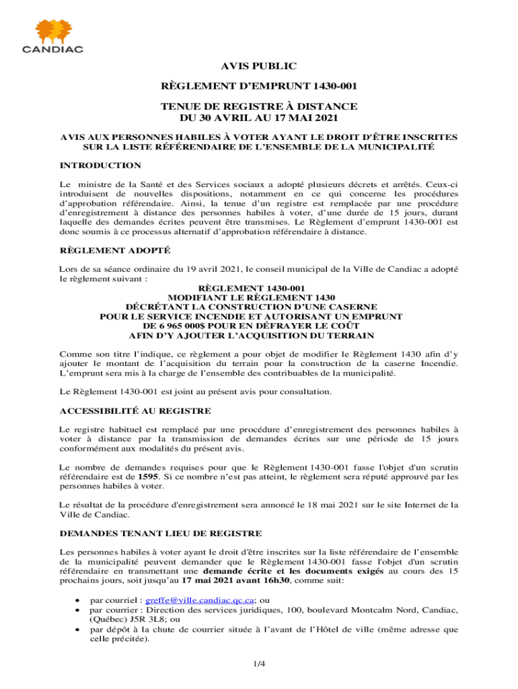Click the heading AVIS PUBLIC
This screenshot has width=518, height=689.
(259, 65)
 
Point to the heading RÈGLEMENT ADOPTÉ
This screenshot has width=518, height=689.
(106, 250)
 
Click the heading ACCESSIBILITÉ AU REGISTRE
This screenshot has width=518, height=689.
(135, 410)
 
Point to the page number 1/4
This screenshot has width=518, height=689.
(259, 664)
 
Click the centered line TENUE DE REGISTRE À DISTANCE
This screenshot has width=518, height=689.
(259, 106)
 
